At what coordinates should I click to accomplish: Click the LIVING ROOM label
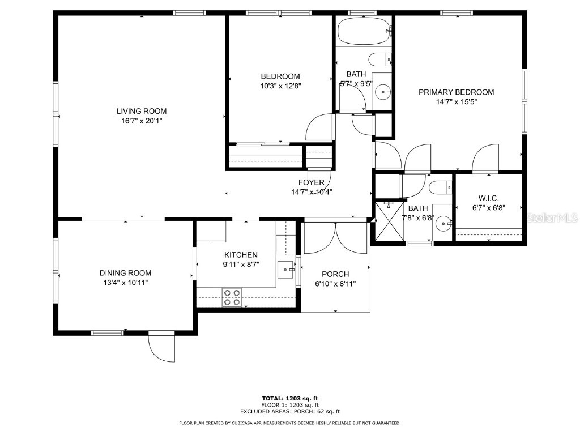point(142,111)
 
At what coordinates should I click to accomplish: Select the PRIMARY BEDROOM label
point(456,92)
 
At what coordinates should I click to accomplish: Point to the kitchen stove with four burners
point(232,297)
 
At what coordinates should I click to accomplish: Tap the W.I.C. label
point(488,198)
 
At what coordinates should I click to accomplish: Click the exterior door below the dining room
point(162,347)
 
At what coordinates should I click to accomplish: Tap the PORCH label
point(335,274)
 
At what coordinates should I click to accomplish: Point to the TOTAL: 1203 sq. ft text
point(289,398)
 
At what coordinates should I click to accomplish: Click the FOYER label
point(312,182)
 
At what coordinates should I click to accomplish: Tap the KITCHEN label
point(241,255)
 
